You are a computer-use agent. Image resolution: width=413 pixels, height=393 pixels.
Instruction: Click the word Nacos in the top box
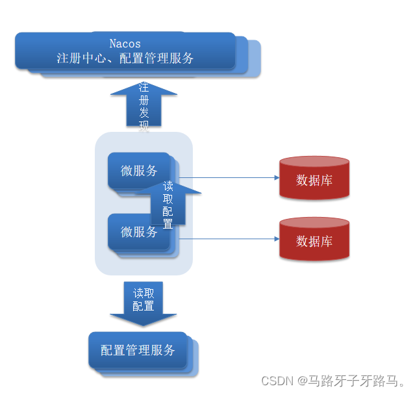pyautogui.click(x=125, y=44)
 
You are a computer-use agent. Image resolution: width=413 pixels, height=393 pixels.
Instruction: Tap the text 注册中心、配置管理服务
pyautogui.click(x=125, y=58)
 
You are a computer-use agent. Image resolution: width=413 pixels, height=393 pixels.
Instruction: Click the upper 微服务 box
pyautogui.click(x=138, y=171)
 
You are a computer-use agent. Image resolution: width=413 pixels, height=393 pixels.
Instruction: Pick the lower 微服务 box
pyautogui.click(x=138, y=231)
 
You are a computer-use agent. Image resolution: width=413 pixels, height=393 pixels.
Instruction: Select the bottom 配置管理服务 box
pyautogui.click(x=138, y=350)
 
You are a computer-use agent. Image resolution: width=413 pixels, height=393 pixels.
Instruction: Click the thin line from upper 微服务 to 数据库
pyautogui.click(x=227, y=177)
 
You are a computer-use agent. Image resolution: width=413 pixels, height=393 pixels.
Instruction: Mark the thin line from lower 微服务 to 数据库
pyautogui.click(x=227, y=238)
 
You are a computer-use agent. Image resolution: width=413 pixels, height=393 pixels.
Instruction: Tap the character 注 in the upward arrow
pyautogui.click(x=144, y=88)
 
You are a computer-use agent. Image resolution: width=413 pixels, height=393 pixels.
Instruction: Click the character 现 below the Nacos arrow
pyautogui.click(x=144, y=127)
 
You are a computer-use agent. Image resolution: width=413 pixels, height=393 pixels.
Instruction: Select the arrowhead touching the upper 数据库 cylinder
pyautogui.click(x=275, y=177)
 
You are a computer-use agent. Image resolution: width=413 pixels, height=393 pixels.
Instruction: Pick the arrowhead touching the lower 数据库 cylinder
pyautogui.click(x=275, y=238)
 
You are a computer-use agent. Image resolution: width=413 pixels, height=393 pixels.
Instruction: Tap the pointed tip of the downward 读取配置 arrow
pyautogui.click(x=144, y=324)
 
